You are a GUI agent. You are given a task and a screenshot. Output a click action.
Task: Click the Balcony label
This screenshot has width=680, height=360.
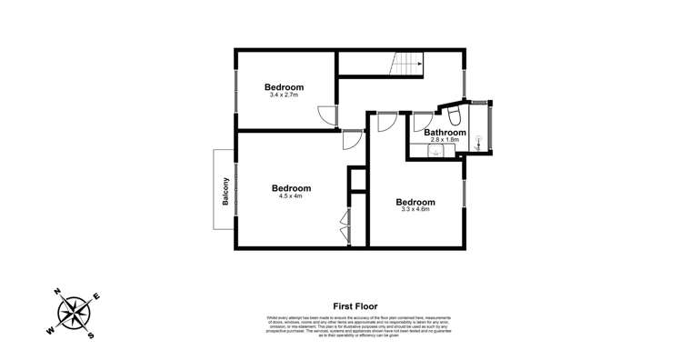point(225,190)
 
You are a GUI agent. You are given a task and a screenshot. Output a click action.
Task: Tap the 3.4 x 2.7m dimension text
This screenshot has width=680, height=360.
point(284,95)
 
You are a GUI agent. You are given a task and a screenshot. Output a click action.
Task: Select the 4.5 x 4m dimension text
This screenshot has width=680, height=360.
point(292,195)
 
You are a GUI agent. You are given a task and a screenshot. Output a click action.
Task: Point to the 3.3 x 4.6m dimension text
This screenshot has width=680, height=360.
point(414,209)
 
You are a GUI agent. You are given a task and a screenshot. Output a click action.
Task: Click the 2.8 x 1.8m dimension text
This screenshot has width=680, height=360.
point(445,140)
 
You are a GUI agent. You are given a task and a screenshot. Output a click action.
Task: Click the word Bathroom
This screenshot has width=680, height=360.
point(445,133)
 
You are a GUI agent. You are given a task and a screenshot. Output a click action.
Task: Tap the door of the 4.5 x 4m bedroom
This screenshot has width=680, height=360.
point(351,138)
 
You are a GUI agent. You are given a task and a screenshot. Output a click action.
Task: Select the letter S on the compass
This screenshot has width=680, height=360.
point(92,335)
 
